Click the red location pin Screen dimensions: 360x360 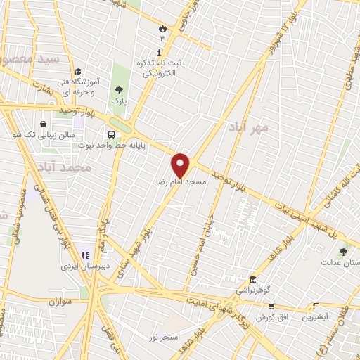pos(181,165)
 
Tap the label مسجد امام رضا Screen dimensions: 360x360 pos(181,181)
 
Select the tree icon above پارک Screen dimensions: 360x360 pos(118,89)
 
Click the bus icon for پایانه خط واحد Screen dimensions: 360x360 pos(111,135)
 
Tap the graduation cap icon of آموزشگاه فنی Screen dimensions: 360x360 pos(78,72)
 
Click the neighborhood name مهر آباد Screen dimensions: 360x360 pos(249,128)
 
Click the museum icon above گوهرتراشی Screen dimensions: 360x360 pos(252,279)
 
